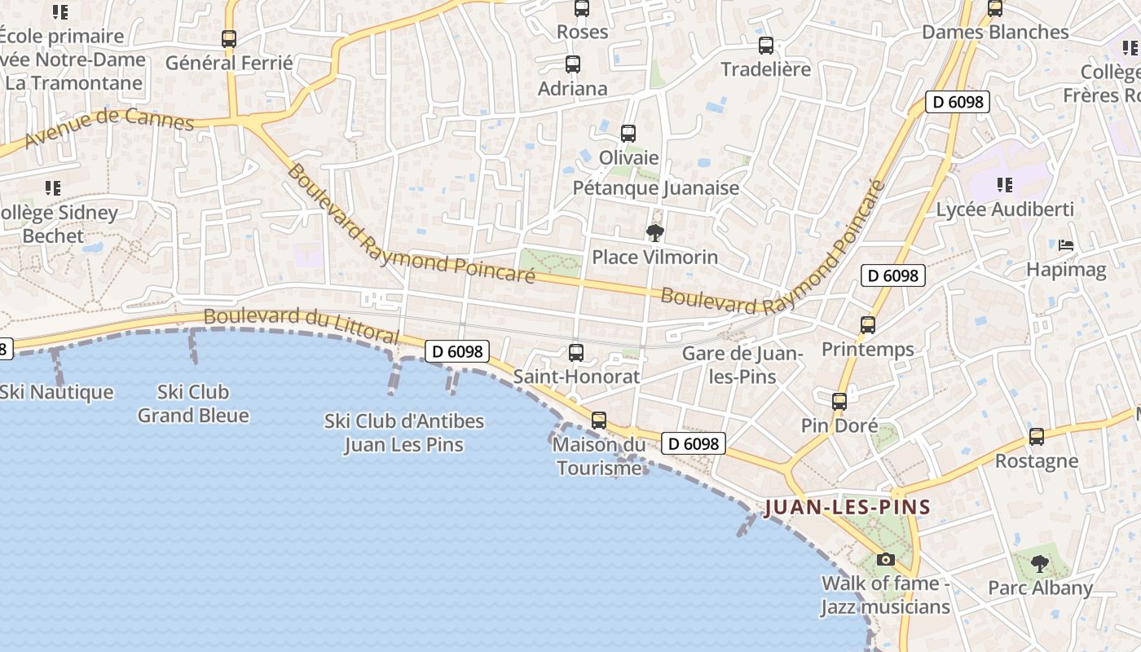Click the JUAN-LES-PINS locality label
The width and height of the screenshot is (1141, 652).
pyautogui.click(x=848, y=507)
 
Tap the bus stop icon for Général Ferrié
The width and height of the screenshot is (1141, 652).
pyautogui.click(x=229, y=38)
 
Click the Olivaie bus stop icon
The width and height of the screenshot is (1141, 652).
pyautogui.click(x=628, y=134)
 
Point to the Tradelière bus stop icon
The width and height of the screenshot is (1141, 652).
pyautogui.click(x=766, y=46)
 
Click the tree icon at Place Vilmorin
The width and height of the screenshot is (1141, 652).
pyautogui.click(x=654, y=234)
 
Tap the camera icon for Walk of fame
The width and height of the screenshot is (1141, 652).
pyautogui.click(x=886, y=559)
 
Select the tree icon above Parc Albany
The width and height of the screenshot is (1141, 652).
pyautogui.click(x=1040, y=563)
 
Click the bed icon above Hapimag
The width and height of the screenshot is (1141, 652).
pyautogui.click(x=1065, y=245)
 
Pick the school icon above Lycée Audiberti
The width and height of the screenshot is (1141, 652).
pyautogui.click(x=1005, y=185)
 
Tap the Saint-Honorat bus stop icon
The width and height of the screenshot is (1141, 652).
pyautogui.click(x=576, y=353)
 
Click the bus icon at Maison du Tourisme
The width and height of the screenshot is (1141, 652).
pyautogui.click(x=599, y=421)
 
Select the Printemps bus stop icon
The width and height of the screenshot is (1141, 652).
pyautogui.click(x=868, y=325)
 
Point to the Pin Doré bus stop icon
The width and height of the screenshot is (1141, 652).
pyautogui.click(x=839, y=402)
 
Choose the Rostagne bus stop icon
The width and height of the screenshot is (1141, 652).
pyautogui.click(x=1037, y=437)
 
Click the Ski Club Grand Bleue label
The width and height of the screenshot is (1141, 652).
pyautogui.click(x=193, y=403)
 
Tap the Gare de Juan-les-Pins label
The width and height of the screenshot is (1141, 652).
pyautogui.click(x=742, y=365)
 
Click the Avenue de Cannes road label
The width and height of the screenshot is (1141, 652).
pyautogui.click(x=109, y=129)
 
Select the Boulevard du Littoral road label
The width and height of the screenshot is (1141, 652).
pyautogui.click(x=302, y=325)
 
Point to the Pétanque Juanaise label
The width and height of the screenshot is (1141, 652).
pyautogui.click(x=656, y=188)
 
